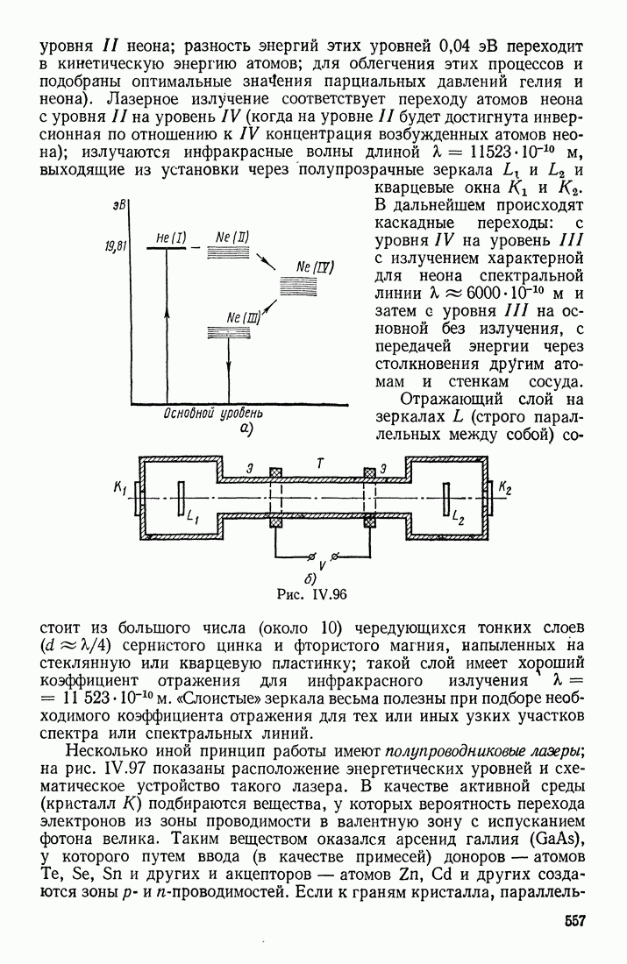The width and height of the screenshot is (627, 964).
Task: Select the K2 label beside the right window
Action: tap(505, 486)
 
